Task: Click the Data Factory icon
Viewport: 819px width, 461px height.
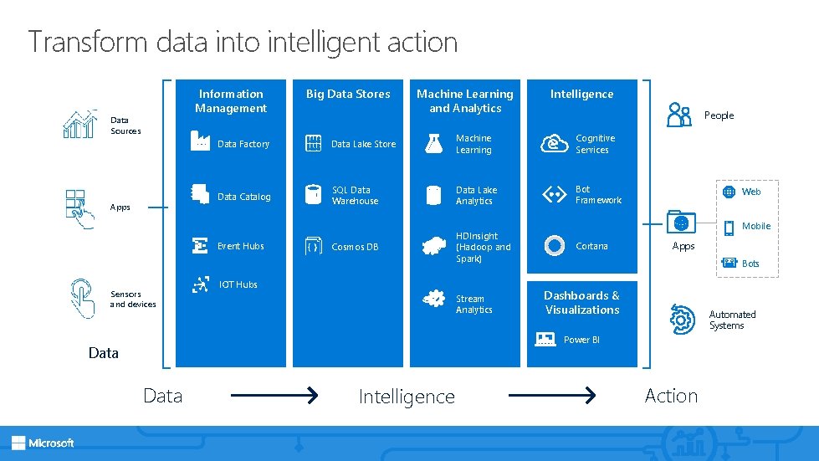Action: (200, 141)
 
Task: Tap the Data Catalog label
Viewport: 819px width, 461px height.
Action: (244, 197)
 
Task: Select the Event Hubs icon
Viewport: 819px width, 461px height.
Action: (200, 245)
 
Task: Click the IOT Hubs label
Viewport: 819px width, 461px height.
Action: (238, 284)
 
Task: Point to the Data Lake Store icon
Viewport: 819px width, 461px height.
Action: (314, 143)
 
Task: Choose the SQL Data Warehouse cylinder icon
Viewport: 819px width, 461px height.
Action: (314, 195)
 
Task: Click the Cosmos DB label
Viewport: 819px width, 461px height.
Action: (355, 247)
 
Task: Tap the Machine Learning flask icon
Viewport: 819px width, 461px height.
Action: (433, 143)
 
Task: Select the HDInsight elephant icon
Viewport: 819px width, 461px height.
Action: (433, 246)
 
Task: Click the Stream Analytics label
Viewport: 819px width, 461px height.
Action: (473, 305)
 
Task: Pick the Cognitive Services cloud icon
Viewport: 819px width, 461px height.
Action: (554, 143)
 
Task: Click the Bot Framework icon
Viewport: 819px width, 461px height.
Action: (554, 195)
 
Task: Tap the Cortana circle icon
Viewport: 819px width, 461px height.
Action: (554, 246)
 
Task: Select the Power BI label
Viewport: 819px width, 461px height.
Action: (581, 340)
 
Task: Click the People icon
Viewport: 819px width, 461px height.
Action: (678, 115)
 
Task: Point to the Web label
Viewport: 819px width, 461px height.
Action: (751, 192)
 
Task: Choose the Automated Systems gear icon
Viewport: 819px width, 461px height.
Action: (682, 319)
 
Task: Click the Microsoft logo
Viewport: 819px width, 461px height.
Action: (43, 443)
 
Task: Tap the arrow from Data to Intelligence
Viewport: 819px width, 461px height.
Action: (274, 395)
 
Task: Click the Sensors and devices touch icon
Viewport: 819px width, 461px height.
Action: (82, 297)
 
